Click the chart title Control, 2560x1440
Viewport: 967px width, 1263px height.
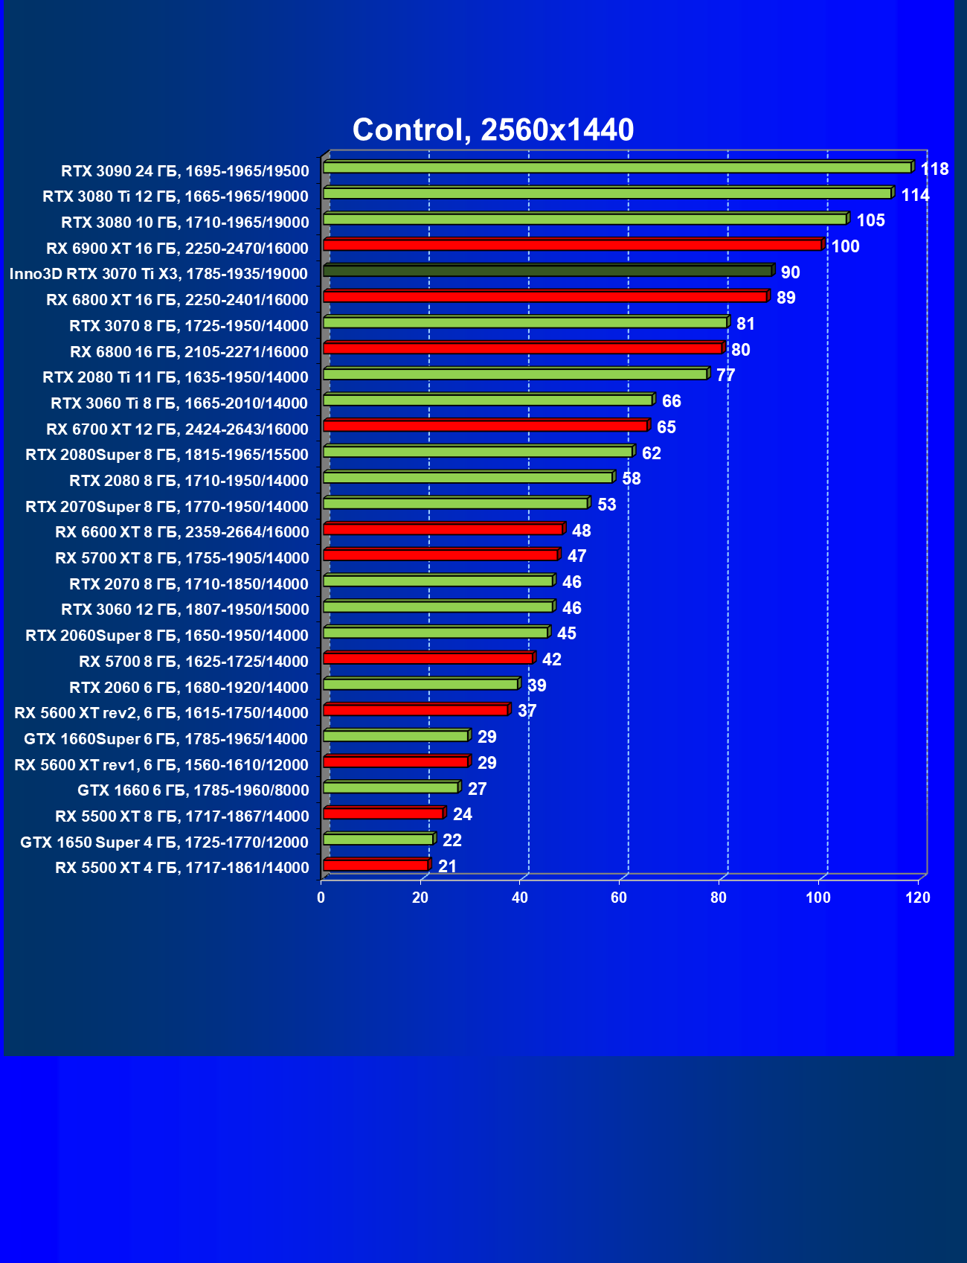coord(492,130)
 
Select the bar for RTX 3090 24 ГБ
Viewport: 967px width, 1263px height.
coord(617,167)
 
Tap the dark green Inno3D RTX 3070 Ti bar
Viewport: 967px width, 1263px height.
coord(548,271)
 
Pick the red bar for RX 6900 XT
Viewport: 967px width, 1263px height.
coord(573,245)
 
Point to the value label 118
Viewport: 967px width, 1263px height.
coord(934,170)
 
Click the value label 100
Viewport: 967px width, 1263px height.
coord(845,247)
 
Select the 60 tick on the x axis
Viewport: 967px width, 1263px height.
coord(619,898)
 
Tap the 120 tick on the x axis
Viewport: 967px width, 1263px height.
coord(918,898)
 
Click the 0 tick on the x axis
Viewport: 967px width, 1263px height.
coord(321,898)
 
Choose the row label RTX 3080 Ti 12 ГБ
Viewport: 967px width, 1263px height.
coord(176,196)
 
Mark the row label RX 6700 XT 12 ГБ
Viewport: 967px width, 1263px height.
coord(177,429)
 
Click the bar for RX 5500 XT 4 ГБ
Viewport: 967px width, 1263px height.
coord(376,865)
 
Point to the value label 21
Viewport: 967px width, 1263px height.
coord(447,866)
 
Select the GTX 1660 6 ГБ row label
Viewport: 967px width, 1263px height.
coord(193,790)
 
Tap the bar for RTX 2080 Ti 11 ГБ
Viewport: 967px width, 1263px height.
coord(515,374)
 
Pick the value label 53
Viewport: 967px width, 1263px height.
coord(606,505)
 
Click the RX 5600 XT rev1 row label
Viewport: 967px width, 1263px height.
coord(161,765)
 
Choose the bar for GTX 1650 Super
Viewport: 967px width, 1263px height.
coord(378,840)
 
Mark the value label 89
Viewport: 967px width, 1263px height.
coord(786,298)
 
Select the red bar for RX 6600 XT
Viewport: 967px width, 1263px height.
coord(443,529)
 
